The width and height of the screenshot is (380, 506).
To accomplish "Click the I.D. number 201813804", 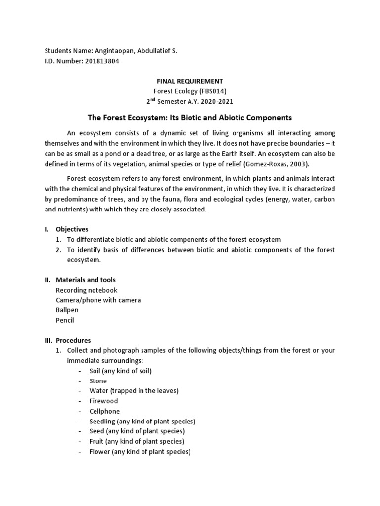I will (x=102, y=61).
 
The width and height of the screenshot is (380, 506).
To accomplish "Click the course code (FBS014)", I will (x=210, y=91).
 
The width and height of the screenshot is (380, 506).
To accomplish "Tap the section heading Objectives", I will (x=72, y=229).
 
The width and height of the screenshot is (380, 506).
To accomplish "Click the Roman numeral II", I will (x=47, y=280).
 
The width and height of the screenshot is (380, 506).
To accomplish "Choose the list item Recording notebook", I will (x=87, y=290).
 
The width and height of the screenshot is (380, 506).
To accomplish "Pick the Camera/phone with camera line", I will (x=98, y=300).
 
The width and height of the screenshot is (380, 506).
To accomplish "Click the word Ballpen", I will (x=67, y=310).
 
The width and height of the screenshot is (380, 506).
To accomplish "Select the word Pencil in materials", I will (x=65, y=320).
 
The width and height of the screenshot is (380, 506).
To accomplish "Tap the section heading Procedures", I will (x=73, y=340).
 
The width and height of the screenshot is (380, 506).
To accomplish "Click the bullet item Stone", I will (x=98, y=381).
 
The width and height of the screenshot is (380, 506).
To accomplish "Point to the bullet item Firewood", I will (x=103, y=401).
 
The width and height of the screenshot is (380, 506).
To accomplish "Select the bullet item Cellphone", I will (x=104, y=411).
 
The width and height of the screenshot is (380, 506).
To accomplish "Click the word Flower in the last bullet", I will (x=100, y=452).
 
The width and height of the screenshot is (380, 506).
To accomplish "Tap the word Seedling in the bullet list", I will (x=102, y=422).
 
